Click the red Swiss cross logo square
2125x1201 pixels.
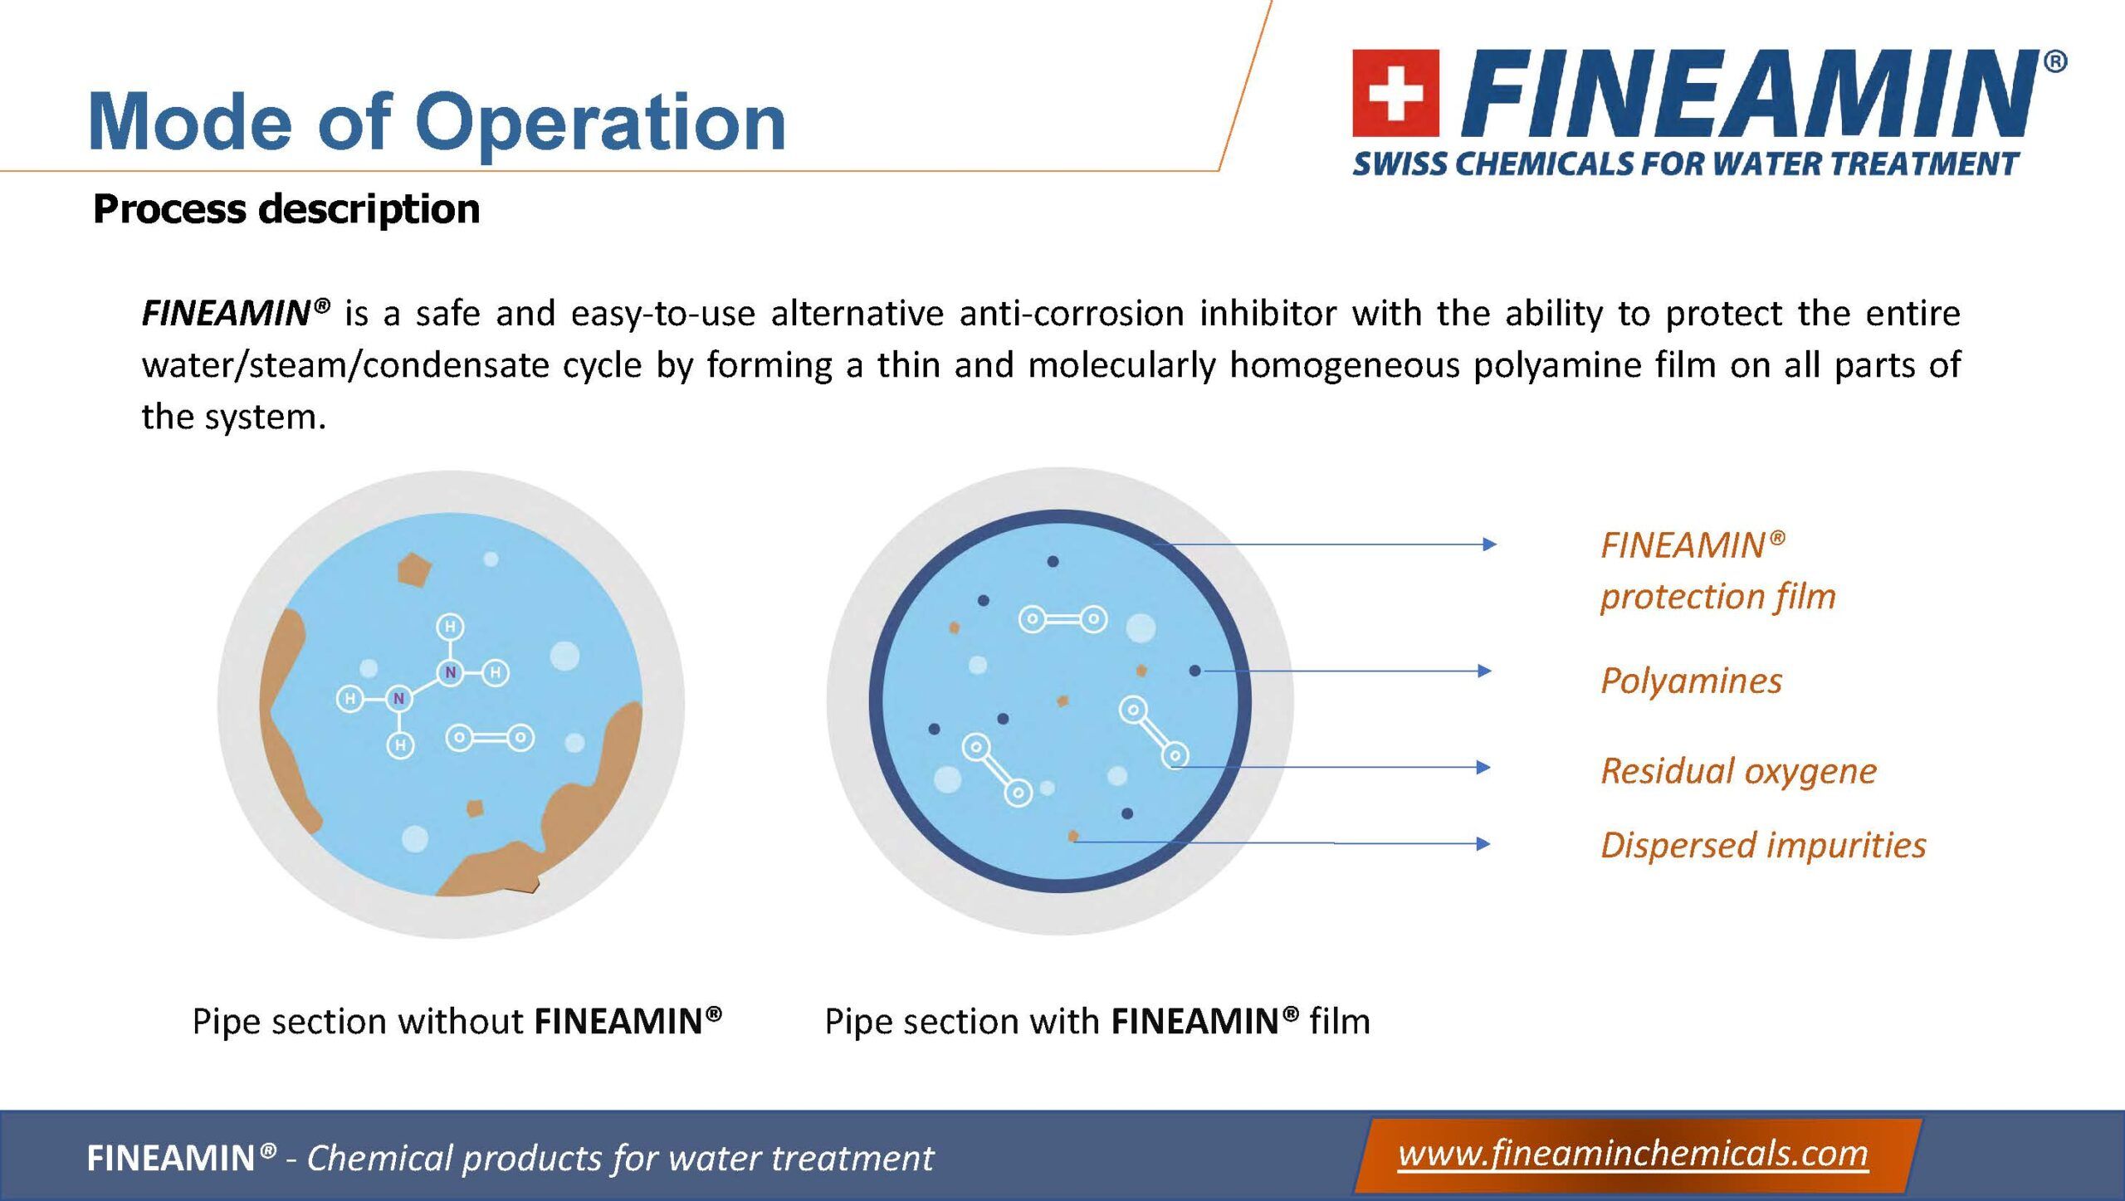pos(1395,93)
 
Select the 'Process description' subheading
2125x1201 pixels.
pos(286,208)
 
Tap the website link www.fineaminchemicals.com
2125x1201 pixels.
pos(1633,1155)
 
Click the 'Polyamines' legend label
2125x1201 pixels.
pos(1691,681)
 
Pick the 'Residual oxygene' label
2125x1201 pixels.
pos(1738,771)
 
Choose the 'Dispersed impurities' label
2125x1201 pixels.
pos(1763,845)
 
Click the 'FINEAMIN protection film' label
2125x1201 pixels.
pos(1717,571)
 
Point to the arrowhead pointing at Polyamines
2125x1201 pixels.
pos(1485,671)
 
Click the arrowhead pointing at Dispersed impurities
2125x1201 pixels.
pos(1483,844)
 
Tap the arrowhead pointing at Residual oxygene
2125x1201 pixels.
pos(1484,767)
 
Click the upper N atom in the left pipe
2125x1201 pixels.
pos(450,672)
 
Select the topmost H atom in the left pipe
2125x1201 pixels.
pos(450,627)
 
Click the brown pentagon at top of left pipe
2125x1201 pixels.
pos(413,571)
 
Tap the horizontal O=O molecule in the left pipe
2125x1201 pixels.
pos(490,738)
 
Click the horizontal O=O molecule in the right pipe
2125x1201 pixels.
pos(1062,619)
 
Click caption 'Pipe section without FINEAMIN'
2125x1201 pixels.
pos(457,1021)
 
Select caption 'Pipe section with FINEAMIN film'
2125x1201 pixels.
pos(1097,1021)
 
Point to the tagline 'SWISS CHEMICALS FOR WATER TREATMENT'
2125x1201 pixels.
pos(1685,164)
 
